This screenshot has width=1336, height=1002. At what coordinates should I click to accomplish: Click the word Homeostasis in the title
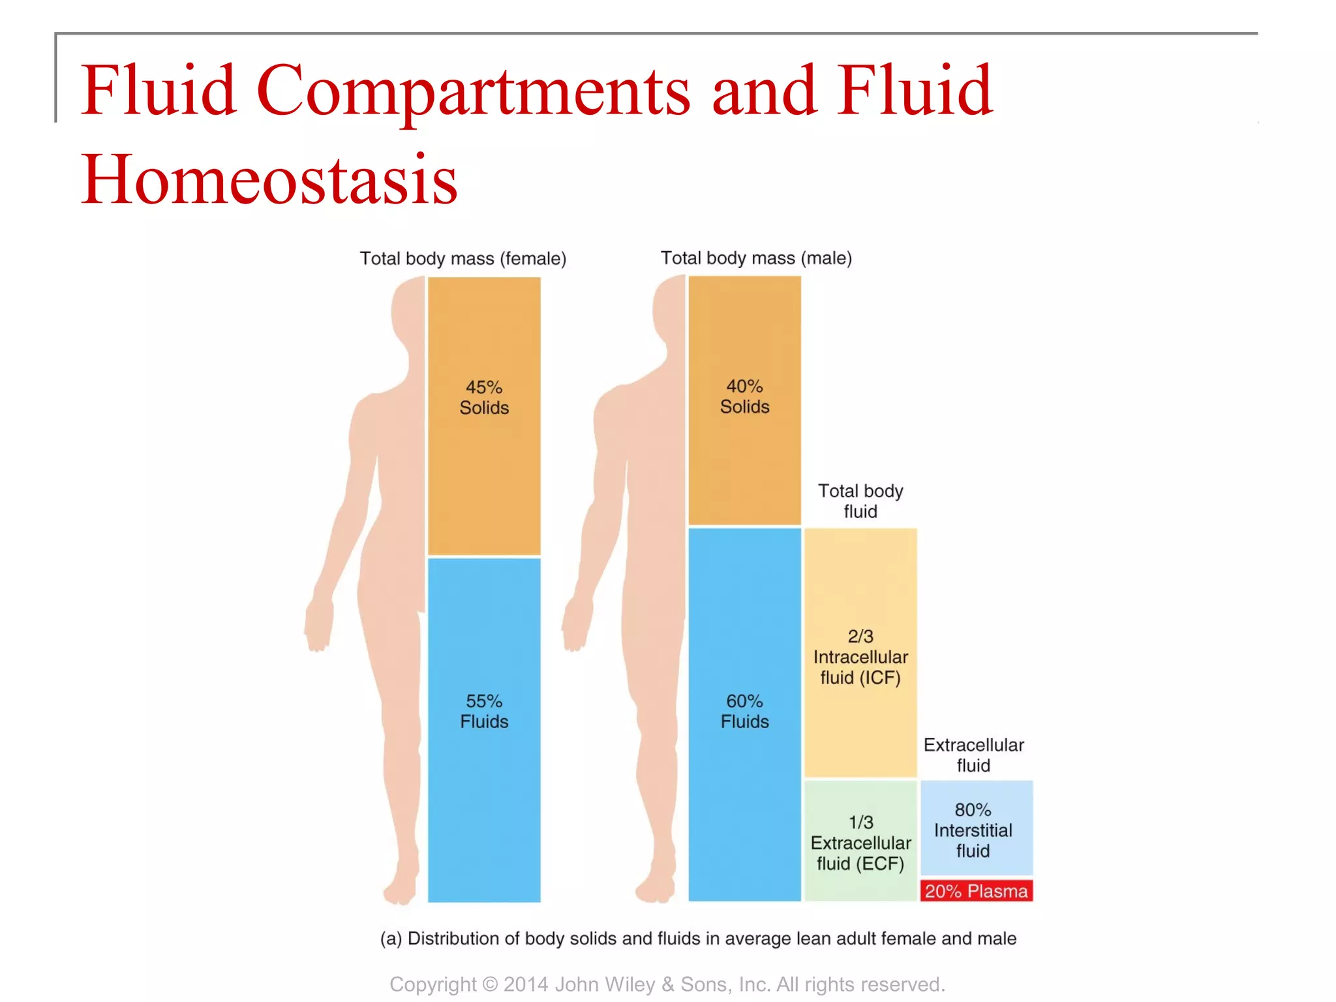point(269,179)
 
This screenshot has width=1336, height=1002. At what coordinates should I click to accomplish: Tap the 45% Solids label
point(484,397)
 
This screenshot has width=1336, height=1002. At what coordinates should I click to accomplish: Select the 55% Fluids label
point(484,711)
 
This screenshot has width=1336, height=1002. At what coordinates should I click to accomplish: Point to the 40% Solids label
point(744,397)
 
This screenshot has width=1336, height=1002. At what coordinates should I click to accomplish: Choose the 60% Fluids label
point(744,711)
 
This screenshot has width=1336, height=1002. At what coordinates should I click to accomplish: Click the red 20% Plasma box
point(976,891)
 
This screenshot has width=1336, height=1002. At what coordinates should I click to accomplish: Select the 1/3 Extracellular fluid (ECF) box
point(860,843)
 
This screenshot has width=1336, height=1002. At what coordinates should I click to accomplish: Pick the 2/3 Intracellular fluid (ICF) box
point(860,657)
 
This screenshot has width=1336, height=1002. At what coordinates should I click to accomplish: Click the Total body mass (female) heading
point(463,259)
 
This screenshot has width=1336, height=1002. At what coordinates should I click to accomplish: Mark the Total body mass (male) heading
point(756,258)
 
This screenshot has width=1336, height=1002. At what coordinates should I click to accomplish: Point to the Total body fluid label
point(860,501)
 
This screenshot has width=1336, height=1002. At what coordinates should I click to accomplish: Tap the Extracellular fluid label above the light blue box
point(973,755)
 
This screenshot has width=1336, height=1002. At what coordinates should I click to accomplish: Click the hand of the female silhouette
point(319,626)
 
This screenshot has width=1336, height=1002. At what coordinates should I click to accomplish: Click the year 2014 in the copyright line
point(526,984)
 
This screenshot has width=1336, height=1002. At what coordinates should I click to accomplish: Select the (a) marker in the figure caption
point(391,939)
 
